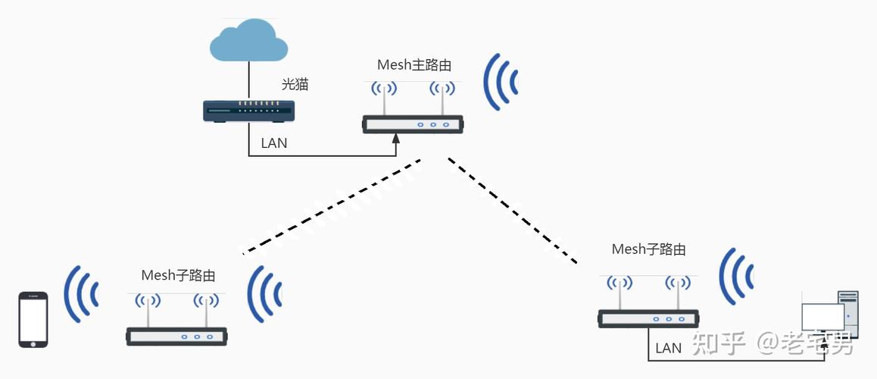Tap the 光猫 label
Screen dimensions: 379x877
tap(295, 84)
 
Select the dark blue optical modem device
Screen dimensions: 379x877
tap(249, 111)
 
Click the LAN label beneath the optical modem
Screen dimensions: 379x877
tap(273, 143)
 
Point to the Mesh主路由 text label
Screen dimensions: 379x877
tap(414, 65)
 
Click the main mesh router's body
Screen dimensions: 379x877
tap(413, 124)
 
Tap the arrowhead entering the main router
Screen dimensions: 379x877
tap(396, 139)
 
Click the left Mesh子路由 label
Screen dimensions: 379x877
tap(178, 275)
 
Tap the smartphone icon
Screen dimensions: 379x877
tap(33, 320)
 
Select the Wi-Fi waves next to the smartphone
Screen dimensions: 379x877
tap(81, 294)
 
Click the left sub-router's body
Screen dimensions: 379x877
tap(176, 337)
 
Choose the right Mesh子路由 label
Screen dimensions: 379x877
tap(648, 249)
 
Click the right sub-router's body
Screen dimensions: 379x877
tap(649, 318)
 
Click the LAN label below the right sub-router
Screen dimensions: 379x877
tap(669, 348)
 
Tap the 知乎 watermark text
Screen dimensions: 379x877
tap(719, 343)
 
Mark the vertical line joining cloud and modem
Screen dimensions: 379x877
tap(248, 80)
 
